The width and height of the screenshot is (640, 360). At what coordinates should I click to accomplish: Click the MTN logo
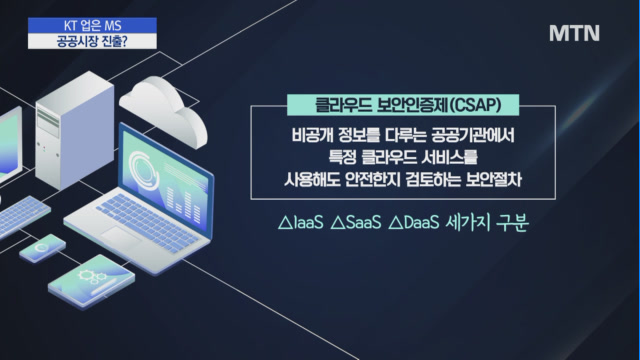[574, 33]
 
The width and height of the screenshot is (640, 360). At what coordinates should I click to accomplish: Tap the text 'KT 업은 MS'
[93, 26]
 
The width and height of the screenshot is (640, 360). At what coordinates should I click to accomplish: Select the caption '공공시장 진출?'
[93, 41]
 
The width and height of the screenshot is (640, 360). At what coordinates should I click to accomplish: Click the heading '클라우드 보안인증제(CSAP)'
[408, 105]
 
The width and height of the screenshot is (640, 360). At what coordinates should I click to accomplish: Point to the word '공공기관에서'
[472, 135]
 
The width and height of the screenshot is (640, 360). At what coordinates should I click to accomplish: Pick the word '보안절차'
[493, 180]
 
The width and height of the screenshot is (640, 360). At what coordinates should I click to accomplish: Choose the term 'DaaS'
[422, 223]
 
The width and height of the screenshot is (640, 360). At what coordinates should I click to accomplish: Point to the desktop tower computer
[74, 130]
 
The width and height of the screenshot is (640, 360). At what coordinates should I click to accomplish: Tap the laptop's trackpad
[121, 237]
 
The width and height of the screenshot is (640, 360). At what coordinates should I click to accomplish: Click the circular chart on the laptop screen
[143, 171]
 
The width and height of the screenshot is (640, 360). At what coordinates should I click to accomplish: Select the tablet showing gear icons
[91, 281]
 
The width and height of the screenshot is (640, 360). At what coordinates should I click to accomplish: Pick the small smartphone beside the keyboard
[42, 248]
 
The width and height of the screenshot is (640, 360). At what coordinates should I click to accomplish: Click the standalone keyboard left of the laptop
[22, 216]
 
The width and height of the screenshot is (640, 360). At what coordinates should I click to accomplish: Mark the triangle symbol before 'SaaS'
[338, 223]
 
